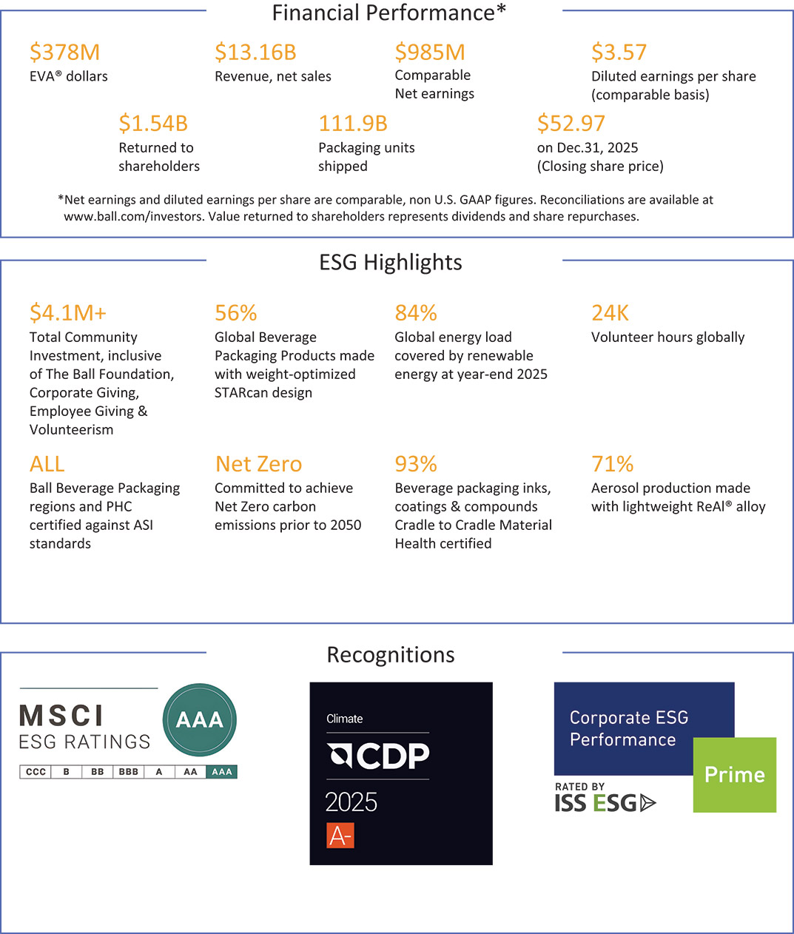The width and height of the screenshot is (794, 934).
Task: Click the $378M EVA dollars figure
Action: click(x=64, y=53)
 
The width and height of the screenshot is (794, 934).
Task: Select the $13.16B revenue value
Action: click(x=255, y=53)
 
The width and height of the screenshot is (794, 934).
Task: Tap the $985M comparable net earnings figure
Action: click(x=430, y=53)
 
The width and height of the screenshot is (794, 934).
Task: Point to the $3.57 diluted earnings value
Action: click(x=619, y=53)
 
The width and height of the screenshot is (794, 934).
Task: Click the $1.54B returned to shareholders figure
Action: click(x=153, y=124)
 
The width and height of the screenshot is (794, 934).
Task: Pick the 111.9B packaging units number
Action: click(x=353, y=124)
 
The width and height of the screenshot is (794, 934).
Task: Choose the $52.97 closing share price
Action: click(x=571, y=124)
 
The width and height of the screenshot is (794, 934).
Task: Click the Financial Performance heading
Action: click(x=388, y=13)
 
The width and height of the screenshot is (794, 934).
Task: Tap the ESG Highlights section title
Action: click(x=390, y=263)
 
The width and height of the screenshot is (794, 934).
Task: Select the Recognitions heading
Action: click(x=390, y=655)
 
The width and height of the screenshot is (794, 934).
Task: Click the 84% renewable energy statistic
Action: click(x=416, y=313)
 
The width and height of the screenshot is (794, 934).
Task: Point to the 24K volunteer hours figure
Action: click(x=610, y=313)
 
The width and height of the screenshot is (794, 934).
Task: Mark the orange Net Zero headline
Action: click(x=258, y=464)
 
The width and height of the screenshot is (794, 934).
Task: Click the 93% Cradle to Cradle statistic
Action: click(x=416, y=464)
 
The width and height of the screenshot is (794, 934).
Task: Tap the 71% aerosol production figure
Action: click(x=612, y=464)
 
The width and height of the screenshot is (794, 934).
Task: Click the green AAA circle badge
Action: click(x=200, y=719)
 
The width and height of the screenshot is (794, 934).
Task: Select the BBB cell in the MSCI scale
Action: click(x=128, y=772)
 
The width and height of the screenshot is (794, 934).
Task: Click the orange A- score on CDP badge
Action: click(x=340, y=836)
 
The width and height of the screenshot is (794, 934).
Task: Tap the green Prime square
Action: click(x=734, y=775)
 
